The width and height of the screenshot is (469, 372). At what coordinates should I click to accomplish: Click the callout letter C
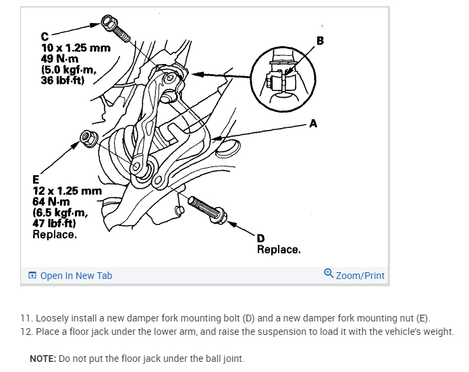(x=45, y=36)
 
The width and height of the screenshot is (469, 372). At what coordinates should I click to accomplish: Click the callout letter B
(x=319, y=40)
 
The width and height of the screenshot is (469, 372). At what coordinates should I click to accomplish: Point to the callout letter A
(x=312, y=123)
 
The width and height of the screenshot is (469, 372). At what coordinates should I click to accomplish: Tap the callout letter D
(x=260, y=238)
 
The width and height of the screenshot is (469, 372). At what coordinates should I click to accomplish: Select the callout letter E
(x=36, y=179)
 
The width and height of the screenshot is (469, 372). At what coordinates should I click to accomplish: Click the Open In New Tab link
(x=76, y=275)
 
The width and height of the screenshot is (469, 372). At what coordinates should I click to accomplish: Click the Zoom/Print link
(x=360, y=275)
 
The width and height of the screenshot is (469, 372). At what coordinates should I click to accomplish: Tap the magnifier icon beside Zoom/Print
(x=329, y=274)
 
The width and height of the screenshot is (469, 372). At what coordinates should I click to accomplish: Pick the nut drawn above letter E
(x=87, y=139)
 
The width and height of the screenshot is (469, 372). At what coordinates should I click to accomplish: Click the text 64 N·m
(x=51, y=202)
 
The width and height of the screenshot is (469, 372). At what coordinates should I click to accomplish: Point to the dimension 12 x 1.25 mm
(x=67, y=191)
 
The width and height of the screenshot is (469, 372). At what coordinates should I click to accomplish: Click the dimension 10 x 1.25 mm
(x=76, y=49)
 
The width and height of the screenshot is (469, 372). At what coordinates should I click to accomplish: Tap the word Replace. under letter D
(x=278, y=249)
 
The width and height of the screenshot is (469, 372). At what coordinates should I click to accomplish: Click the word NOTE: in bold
(x=43, y=358)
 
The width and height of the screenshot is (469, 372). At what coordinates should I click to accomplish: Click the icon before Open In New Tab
(x=32, y=276)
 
